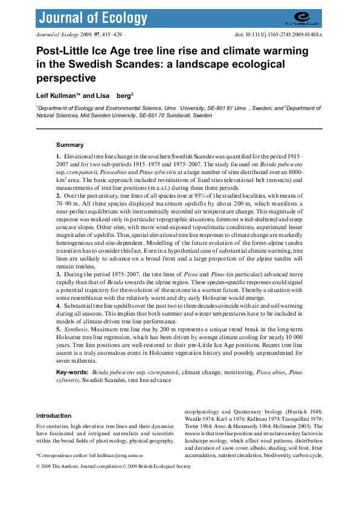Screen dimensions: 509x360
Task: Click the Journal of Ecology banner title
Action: click(86, 18)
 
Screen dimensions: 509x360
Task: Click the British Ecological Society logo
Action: click(306, 19)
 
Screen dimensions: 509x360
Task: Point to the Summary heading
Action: click(70, 145)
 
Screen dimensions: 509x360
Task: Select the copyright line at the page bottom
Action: click(114, 467)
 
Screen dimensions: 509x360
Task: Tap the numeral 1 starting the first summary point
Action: click(58, 157)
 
